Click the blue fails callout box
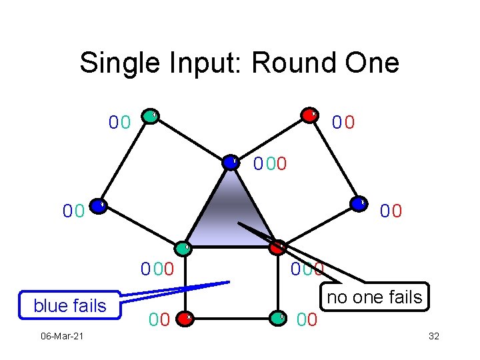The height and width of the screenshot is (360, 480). pos(70,305)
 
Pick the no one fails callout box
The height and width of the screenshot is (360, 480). pos(374,297)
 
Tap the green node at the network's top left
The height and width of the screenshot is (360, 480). pos(152,116)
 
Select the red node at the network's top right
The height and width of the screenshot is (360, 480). pos(309,115)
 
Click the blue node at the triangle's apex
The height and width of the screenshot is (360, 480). pos(231,161)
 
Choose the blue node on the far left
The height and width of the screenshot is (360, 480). pos(97,206)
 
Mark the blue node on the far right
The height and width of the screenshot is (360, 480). pos(359,204)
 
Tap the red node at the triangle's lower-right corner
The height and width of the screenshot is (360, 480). pos(278,247)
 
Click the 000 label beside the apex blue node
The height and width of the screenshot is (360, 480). pos(271,163)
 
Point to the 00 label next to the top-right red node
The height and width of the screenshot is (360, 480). pos(343,123)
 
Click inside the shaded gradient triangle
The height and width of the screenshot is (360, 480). pos(230,213)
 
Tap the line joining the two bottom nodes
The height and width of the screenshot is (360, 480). pos(233,317)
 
